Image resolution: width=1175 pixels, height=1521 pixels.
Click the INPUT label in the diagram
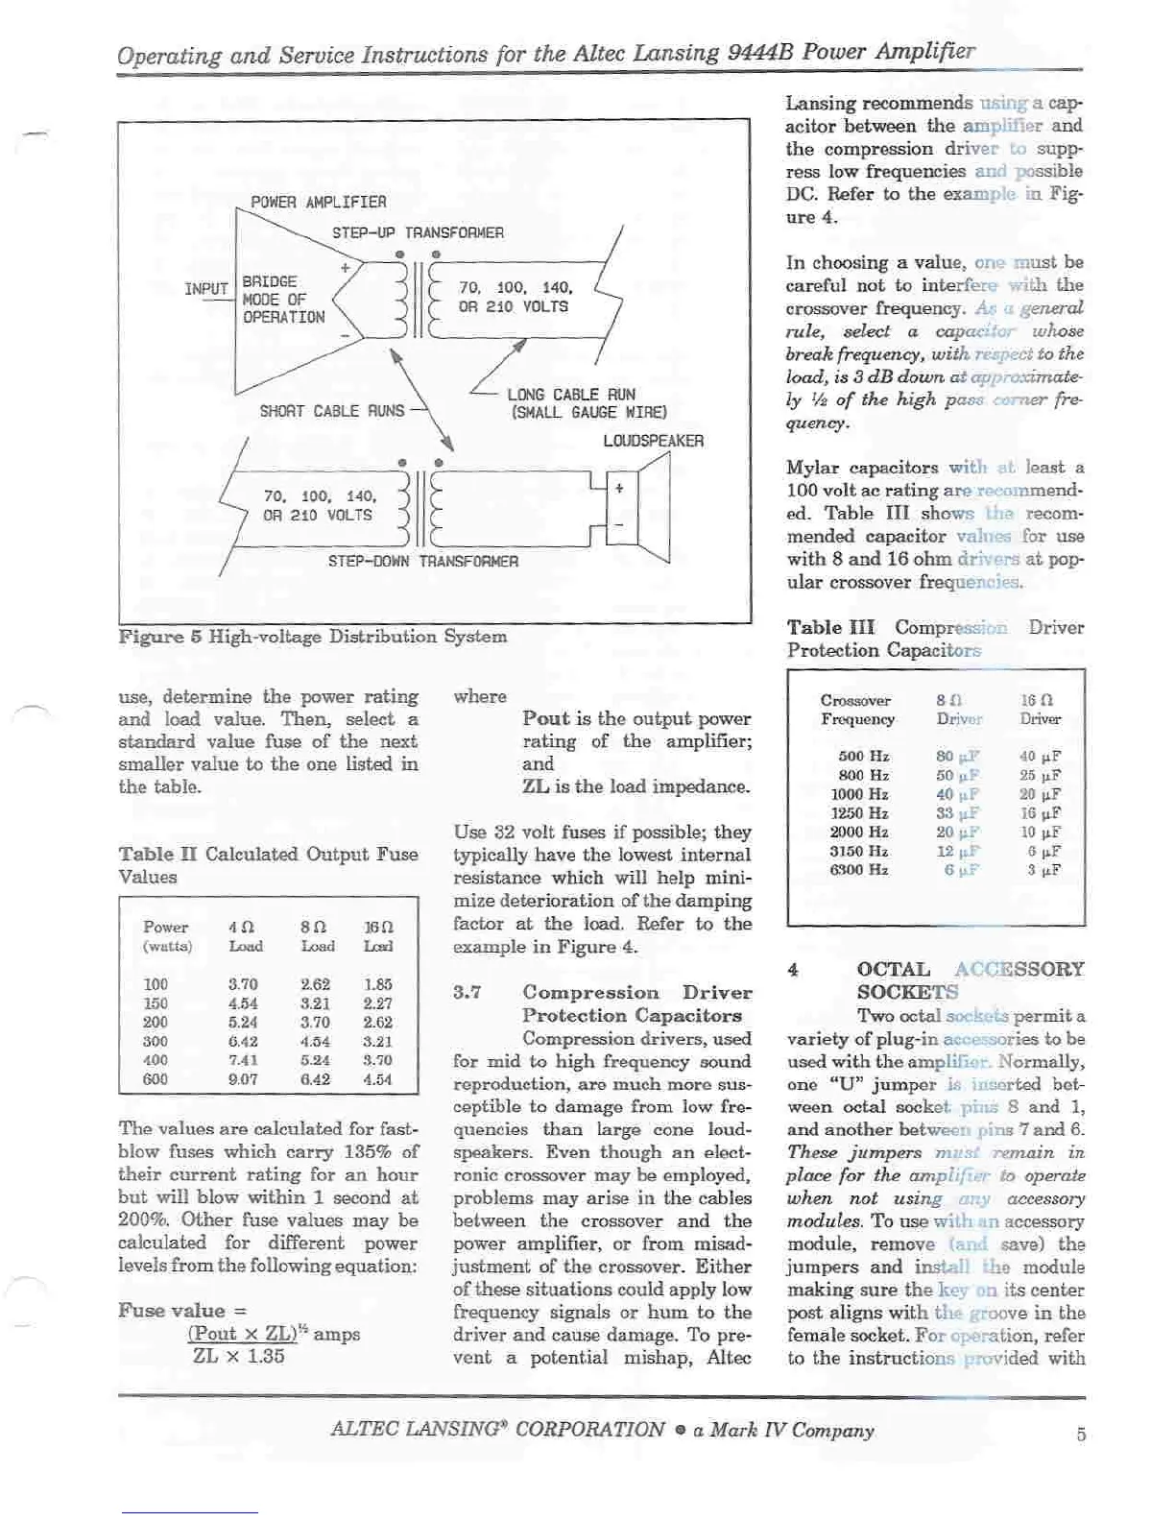click(206, 289)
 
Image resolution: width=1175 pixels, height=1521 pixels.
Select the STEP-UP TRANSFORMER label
click(418, 233)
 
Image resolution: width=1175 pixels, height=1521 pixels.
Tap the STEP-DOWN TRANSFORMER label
click(422, 562)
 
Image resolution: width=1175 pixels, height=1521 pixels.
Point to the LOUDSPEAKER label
click(653, 442)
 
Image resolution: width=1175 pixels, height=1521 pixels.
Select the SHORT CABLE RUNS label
click(331, 412)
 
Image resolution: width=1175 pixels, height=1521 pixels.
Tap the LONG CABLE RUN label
click(571, 395)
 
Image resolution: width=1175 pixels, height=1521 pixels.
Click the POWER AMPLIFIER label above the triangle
click(319, 203)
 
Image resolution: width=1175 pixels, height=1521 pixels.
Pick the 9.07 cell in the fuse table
click(243, 1079)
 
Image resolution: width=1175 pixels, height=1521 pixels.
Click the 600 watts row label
click(156, 1079)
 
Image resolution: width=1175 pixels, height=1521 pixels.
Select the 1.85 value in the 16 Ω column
click(377, 984)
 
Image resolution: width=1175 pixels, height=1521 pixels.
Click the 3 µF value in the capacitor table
click(1043, 870)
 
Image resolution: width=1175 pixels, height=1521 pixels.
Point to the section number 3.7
click(467, 993)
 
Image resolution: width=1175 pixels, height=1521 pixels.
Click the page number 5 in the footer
click(1081, 1435)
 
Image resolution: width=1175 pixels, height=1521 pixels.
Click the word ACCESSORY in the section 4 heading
click(1019, 970)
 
